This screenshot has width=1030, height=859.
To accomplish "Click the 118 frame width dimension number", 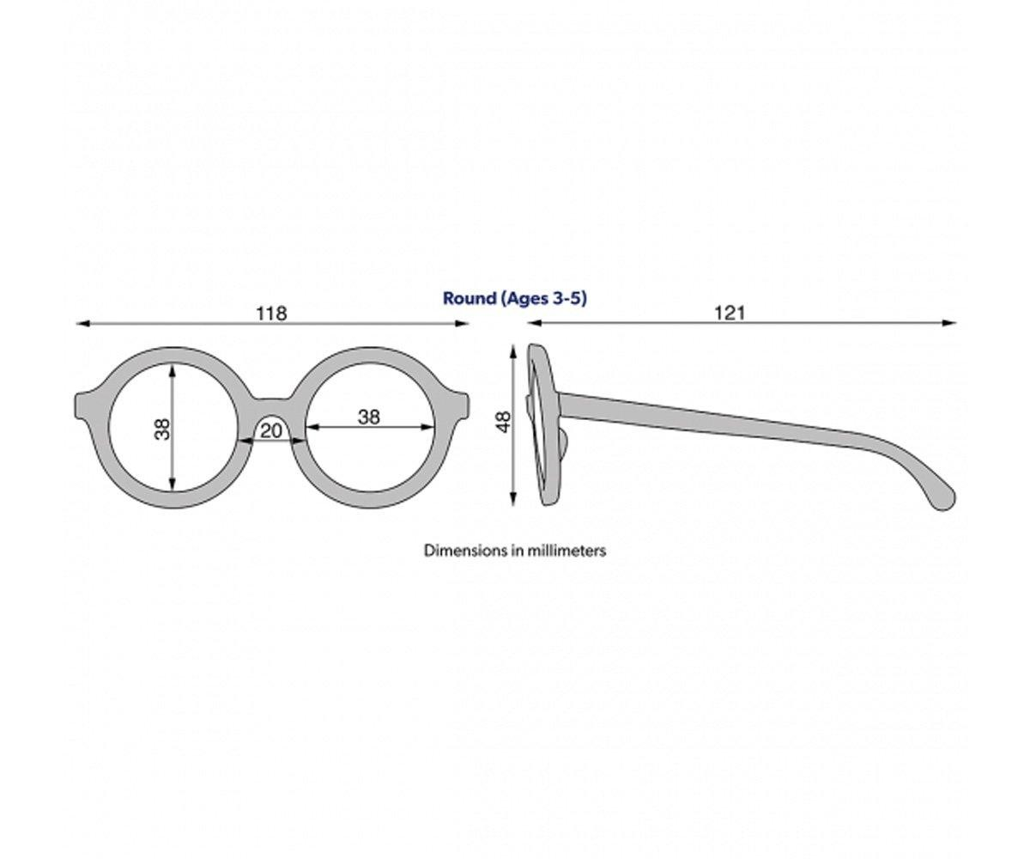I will (271, 314).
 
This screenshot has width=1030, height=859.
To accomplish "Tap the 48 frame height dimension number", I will (503, 421).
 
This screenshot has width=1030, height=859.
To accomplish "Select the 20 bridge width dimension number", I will (271, 430).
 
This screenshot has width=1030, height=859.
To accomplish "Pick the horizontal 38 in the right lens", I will (368, 417).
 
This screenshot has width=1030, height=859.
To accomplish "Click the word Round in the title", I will (469, 298).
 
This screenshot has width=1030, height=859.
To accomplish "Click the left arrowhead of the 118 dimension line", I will (82, 324).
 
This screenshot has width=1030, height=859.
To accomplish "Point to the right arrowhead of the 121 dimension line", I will (950, 324).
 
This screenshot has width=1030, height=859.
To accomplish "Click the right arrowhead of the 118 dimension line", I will (463, 324).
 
